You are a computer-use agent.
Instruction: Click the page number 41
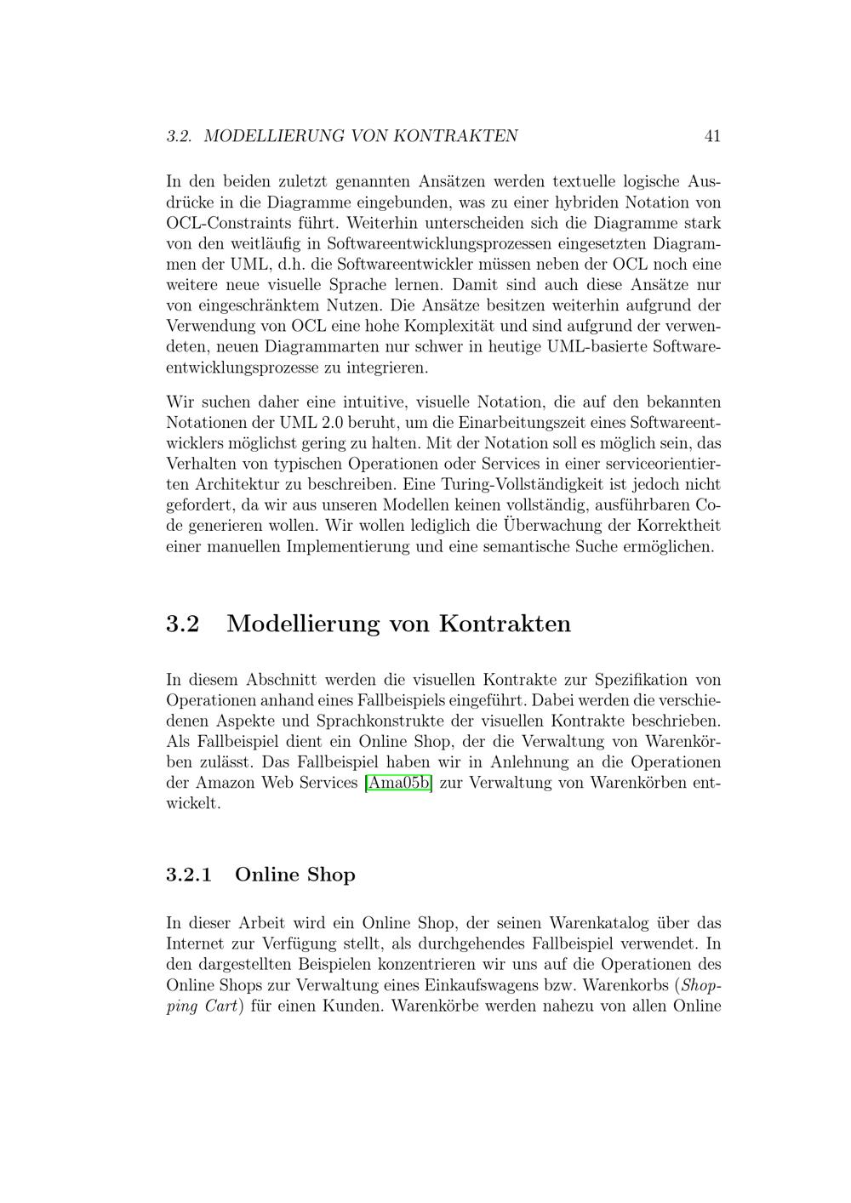[x=712, y=136]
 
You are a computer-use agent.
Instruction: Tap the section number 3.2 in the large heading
[x=182, y=624]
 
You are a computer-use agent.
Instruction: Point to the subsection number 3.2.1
[x=189, y=875]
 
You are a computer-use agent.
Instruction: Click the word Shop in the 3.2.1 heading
[x=331, y=875]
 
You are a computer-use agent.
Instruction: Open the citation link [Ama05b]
[x=397, y=783]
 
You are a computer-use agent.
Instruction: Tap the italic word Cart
[x=220, y=1006]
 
